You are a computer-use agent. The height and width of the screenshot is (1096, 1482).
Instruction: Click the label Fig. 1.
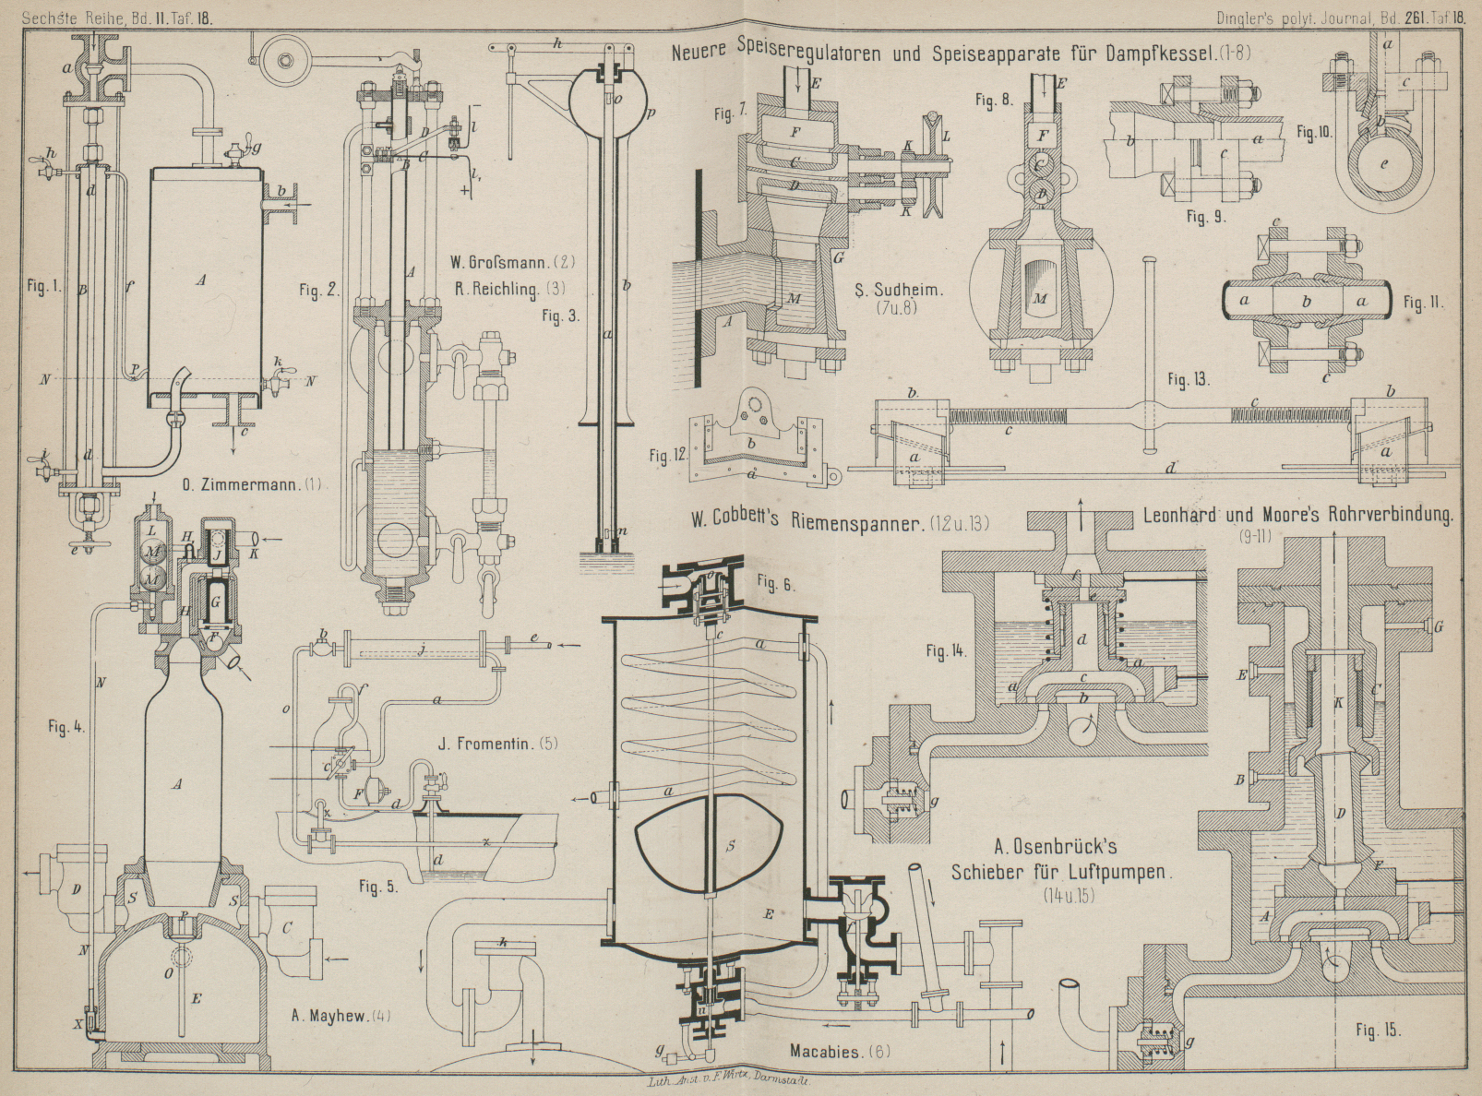[42, 286]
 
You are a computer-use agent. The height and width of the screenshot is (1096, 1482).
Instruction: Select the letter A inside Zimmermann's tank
[201, 280]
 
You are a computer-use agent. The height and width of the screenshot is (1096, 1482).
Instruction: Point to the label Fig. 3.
[559, 316]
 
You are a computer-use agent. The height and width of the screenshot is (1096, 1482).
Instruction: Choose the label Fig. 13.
[1188, 379]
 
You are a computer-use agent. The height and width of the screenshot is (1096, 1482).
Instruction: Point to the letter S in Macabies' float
[728, 845]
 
